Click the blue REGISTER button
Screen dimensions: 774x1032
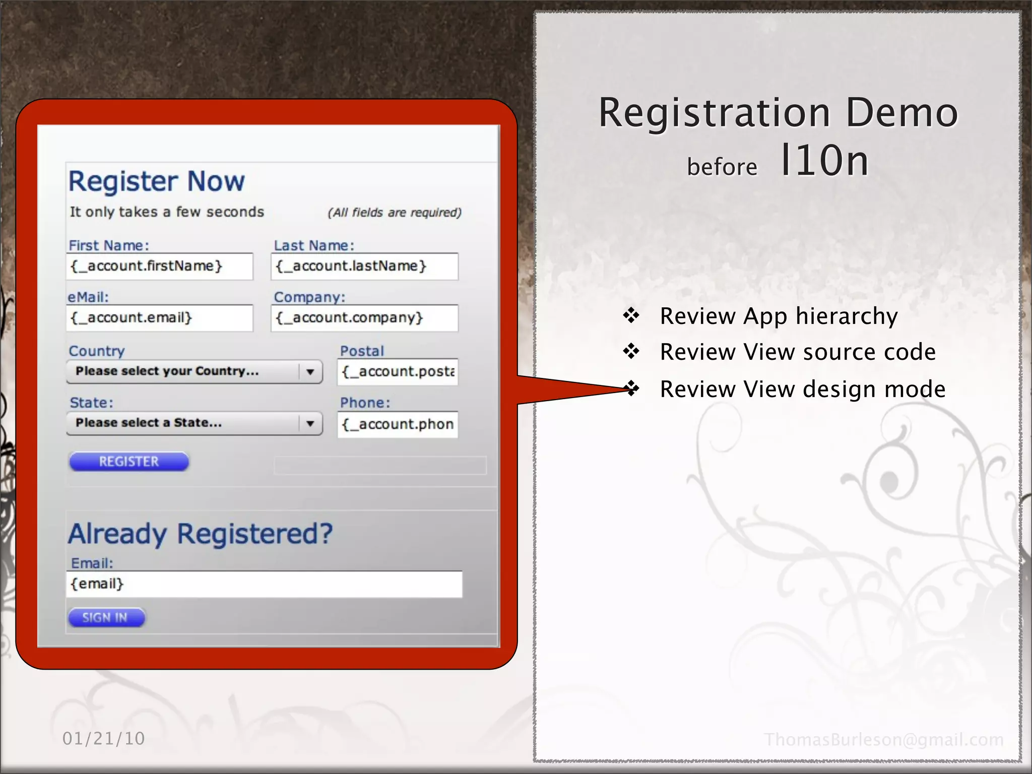point(129,462)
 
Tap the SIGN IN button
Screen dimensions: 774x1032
point(106,617)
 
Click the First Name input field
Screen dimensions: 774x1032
point(159,266)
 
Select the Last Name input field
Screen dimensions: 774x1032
point(364,266)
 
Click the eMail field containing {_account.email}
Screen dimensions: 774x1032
point(159,318)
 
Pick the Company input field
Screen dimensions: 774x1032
point(364,318)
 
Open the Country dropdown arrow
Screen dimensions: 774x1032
point(310,372)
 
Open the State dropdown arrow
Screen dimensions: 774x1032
point(310,423)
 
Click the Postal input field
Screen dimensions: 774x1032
point(398,372)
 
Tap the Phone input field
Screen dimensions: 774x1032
point(398,424)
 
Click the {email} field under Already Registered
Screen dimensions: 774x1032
point(264,584)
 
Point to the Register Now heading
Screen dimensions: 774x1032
point(157,181)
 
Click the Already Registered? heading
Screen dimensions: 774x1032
point(201,534)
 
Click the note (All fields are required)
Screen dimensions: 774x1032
point(395,213)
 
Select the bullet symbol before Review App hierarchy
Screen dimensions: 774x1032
point(631,316)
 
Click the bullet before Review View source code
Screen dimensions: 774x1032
point(631,351)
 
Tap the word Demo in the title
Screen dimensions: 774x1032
point(901,113)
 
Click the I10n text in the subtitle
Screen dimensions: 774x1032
point(824,161)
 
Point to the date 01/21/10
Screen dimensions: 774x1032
point(104,739)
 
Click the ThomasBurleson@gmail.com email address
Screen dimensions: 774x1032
point(884,740)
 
